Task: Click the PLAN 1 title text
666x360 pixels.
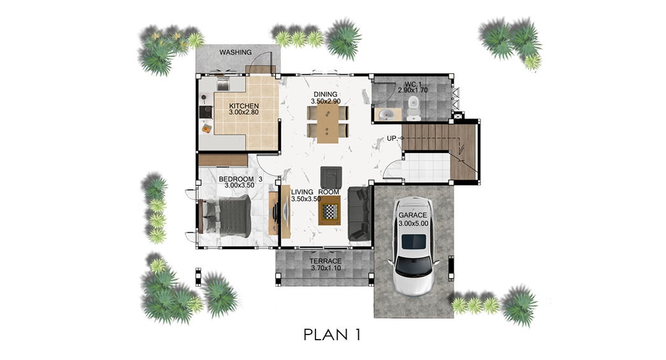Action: coord(332,335)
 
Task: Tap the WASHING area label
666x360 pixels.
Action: coord(235,52)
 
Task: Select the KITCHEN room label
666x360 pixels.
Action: coord(244,106)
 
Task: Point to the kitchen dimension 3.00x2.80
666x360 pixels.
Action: coord(244,113)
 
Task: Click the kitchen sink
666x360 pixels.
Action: coord(223,84)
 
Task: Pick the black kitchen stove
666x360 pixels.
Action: coord(206,112)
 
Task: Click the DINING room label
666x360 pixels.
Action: coord(326,94)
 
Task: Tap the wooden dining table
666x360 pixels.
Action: coord(328,123)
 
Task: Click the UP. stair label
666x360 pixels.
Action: coord(392,139)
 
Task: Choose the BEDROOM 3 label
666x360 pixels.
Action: coord(240,179)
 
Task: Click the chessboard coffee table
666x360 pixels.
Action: coord(329,211)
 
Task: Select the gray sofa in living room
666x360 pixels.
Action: coord(359,213)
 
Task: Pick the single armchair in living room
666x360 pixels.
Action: coord(331,178)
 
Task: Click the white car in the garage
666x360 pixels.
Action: coord(412,246)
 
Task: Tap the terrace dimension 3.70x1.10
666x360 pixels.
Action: coord(326,268)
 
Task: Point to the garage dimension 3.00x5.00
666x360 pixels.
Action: coord(413,223)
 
